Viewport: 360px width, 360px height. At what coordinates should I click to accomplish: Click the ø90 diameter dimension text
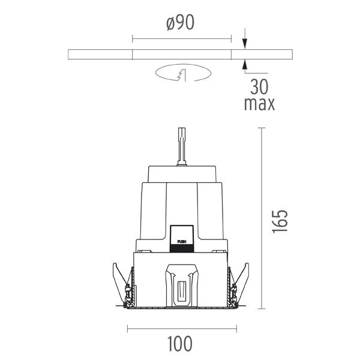(181, 23)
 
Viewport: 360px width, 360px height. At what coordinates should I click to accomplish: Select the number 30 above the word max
(259, 86)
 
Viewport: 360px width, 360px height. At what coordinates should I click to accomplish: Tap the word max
(259, 104)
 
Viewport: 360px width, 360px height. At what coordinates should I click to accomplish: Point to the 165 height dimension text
(280, 221)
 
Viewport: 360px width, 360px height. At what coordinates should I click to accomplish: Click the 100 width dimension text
(180, 344)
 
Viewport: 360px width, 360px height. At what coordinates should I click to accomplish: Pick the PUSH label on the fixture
(182, 242)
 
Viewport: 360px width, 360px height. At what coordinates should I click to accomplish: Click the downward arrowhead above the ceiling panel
(245, 44)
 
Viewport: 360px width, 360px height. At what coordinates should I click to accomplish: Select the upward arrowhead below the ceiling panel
(245, 65)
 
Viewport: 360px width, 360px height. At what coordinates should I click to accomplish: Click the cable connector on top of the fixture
(182, 146)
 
